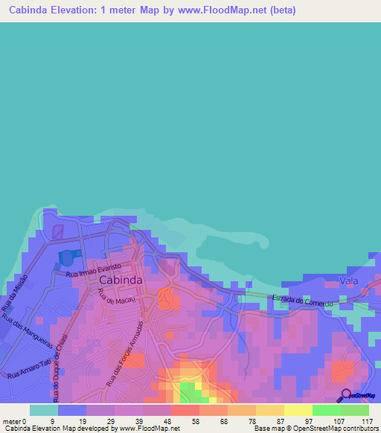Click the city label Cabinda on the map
coord(120,280)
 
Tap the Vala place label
coord(348,280)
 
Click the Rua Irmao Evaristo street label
coord(92,273)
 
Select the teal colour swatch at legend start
coord(43,410)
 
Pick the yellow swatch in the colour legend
coord(298,410)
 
